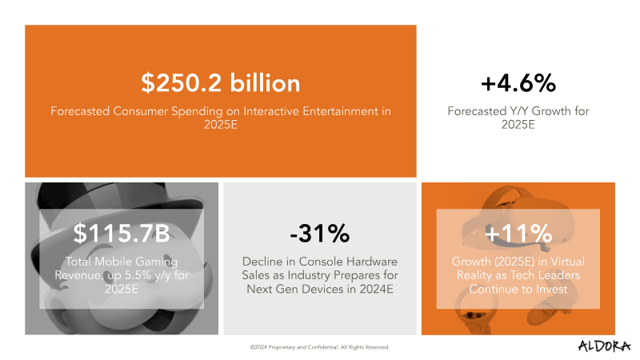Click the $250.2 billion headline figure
221,82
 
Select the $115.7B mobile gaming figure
122,234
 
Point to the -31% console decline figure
319,234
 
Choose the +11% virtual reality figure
518,234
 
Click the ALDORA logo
604,346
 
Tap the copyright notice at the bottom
319,348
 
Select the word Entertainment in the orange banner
324,111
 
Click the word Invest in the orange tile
551,289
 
